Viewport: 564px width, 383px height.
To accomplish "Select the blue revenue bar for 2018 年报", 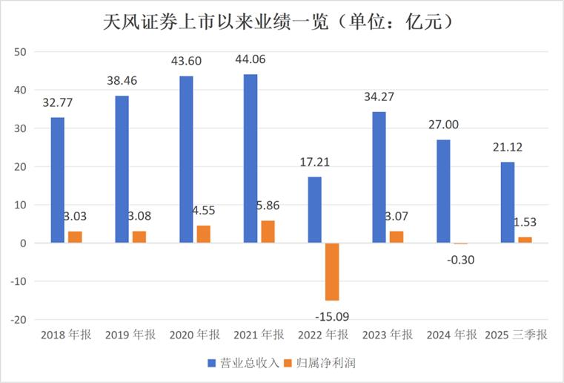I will pyautogui.click(x=58, y=180).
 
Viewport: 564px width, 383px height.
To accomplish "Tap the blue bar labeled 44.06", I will pyautogui.click(x=251, y=159).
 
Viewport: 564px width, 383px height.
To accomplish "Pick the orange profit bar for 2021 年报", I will pyautogui.click(x=268, y=232).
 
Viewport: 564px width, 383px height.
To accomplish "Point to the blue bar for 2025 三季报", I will pyautogui.click(x=508, y=203).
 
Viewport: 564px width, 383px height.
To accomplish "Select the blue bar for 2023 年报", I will pyautogui.click(x=379, y=177).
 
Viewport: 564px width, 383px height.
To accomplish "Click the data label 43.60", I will pyautogui.click(x=187, y=62).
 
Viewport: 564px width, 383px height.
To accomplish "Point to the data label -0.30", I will pyautogui.click(x=462, y=259).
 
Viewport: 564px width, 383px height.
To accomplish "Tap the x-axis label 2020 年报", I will pyautogui.click(x=195, y=335).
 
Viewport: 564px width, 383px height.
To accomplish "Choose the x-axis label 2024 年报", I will pyautogui.click(x=452, y=335).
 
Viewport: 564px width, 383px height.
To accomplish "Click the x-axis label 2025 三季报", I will pyautogui.click(x=517, y=335).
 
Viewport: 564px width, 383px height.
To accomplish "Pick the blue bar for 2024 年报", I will pyautogui.click(x=443, y=191).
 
